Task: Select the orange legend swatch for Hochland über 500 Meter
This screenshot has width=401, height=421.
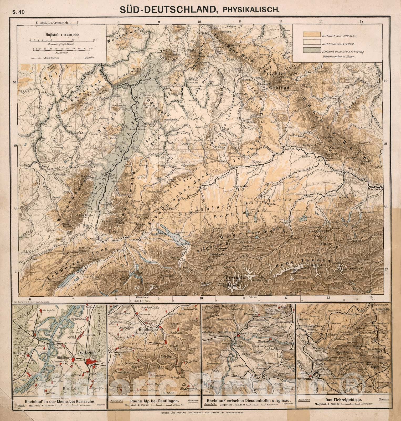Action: [311, 34]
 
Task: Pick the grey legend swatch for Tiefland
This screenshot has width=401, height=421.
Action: [311, 50]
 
